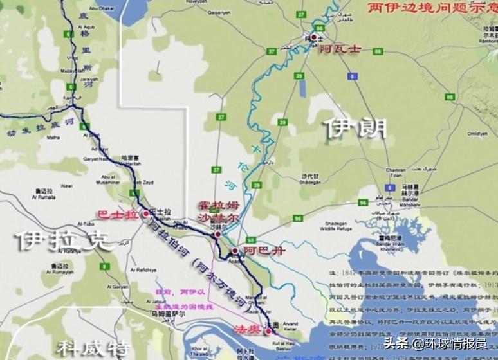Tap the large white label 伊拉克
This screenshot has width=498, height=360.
(64, 240)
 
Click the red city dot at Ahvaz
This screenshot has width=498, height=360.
(314, 38)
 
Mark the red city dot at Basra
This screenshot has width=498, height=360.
(146, 213)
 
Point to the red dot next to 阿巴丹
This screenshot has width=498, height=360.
(235, 249)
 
